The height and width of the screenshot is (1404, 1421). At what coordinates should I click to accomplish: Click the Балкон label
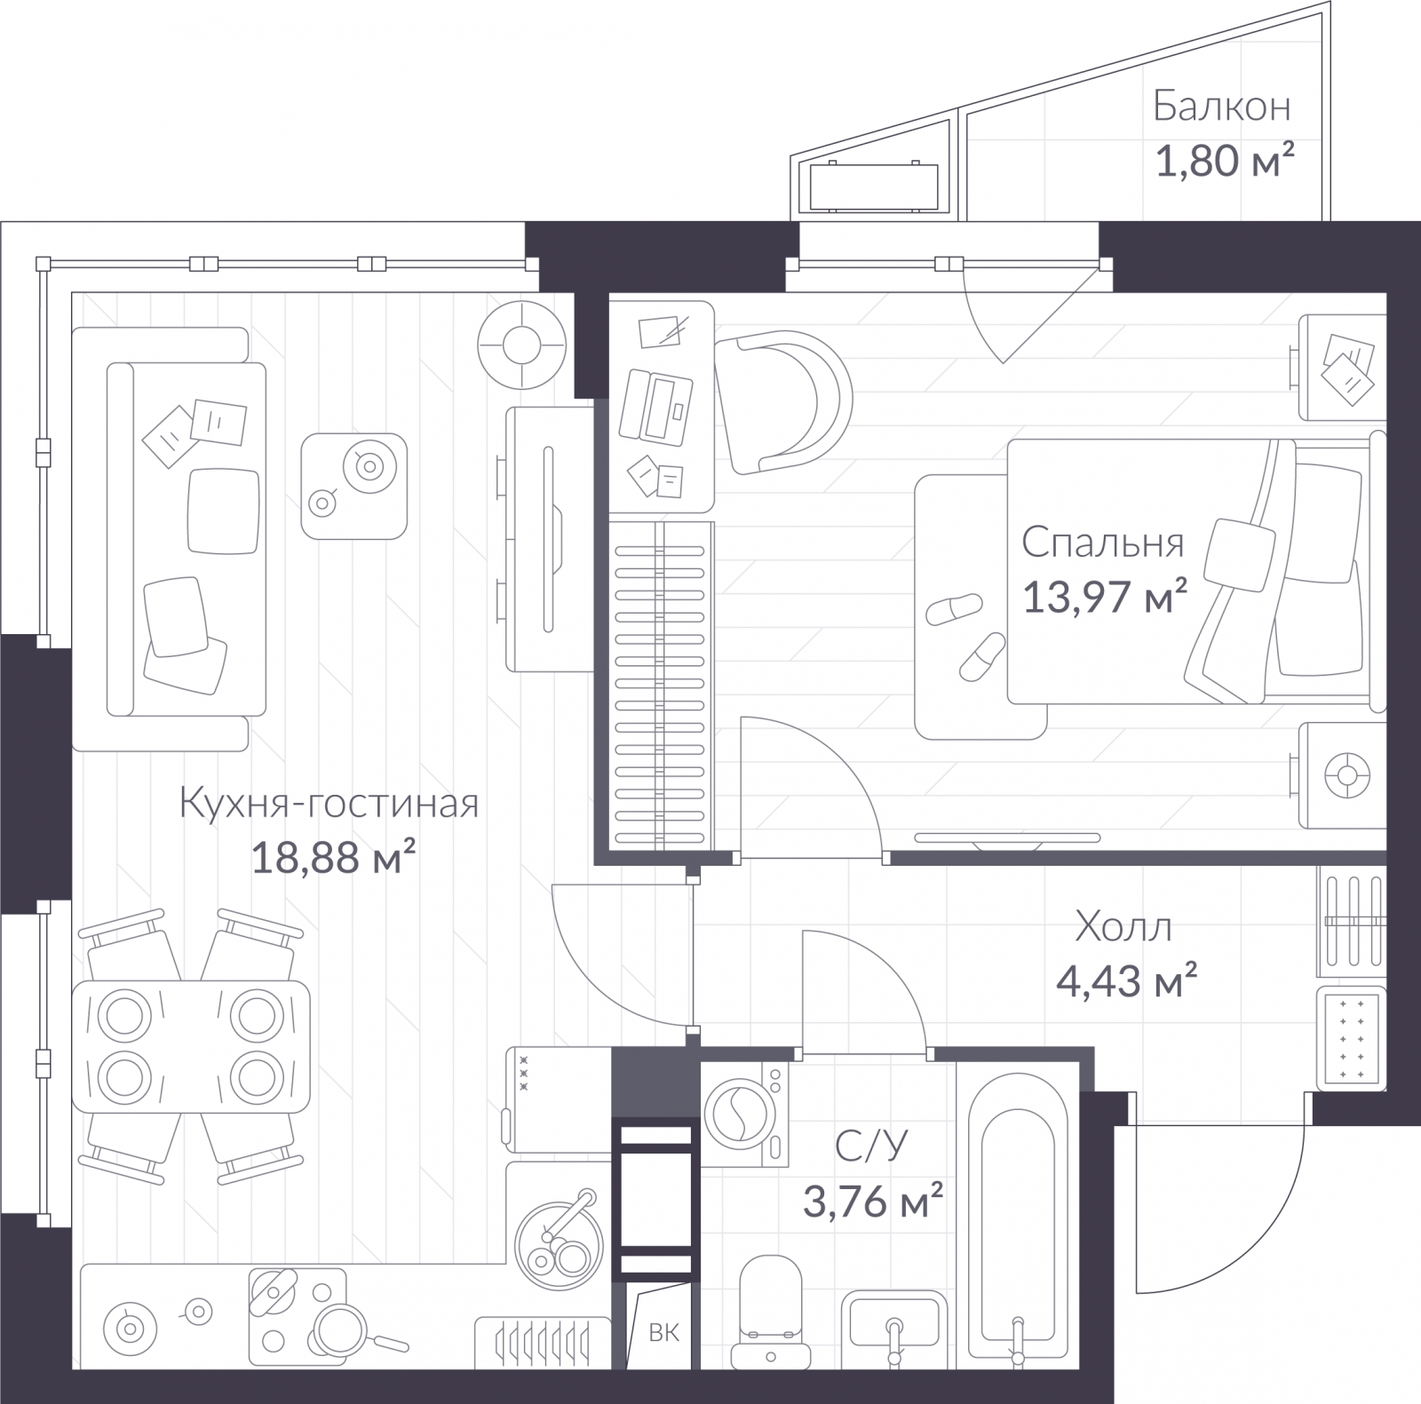coord(1221,107)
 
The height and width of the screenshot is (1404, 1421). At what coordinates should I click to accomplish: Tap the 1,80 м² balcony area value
coord(1224,161)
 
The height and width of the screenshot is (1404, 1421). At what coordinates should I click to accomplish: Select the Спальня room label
coord(1102,543)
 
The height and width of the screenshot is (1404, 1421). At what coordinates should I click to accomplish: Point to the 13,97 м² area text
coord(1105,596)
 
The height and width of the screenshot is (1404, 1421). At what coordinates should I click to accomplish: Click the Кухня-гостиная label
coord(329,803)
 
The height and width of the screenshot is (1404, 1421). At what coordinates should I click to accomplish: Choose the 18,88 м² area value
coord(334,857)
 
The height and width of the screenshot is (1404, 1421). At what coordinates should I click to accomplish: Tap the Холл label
coord(1123,926)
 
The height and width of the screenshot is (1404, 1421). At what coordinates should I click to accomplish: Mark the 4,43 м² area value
coord(1126,981)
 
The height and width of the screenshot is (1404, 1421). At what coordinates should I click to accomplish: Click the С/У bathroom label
coord(871,1146)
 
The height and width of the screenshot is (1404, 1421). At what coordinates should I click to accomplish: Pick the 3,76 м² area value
coord(872,1201)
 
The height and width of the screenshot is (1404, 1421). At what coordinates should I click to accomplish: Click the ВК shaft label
coord(663,1332)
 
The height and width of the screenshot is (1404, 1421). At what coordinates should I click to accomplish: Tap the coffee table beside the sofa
coord(353,486)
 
